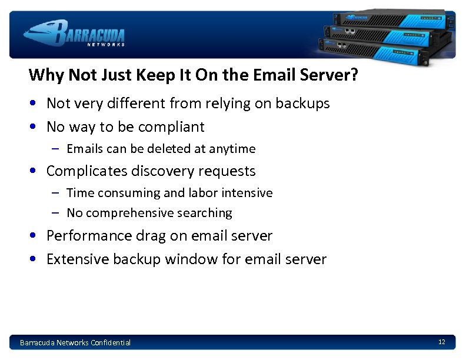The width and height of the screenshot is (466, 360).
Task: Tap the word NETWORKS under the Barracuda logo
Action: [106, 44]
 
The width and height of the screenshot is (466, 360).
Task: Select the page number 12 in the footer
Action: [441, 342]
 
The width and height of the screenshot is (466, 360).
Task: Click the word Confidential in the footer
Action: [111, 342]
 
